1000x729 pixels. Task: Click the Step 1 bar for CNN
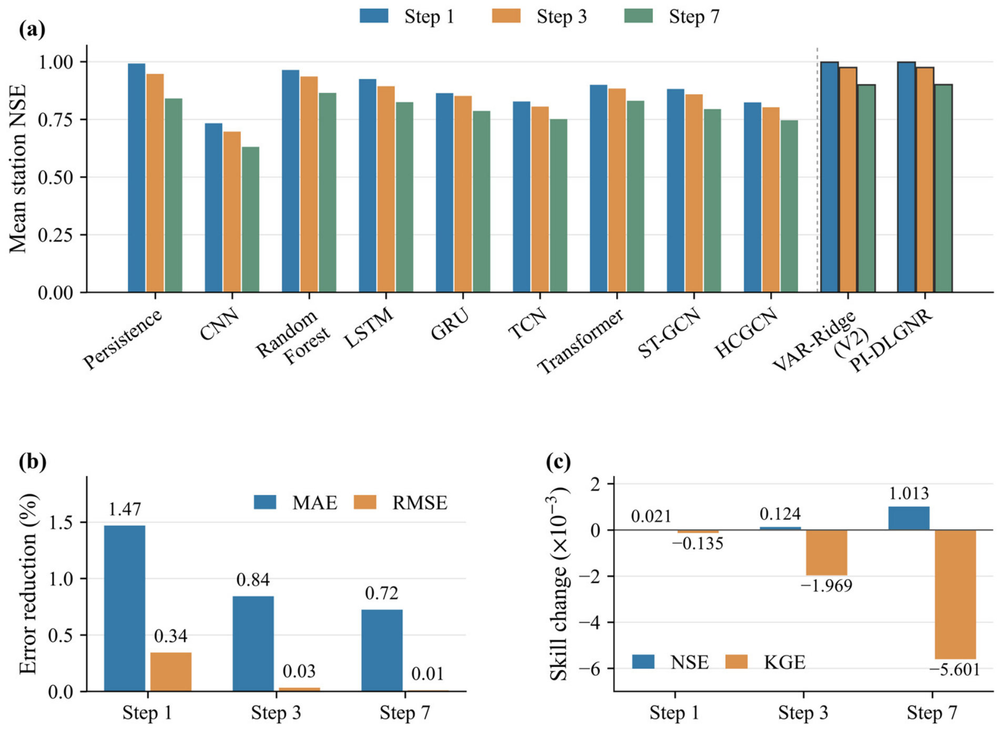[213, 208]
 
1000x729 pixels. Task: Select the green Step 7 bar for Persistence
[174, 195]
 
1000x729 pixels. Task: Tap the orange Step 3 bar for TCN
[540, 199]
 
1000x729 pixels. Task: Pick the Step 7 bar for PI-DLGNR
[943, 188]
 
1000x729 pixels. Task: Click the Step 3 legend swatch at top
[506, 16]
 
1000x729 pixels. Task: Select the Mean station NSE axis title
[18, 169]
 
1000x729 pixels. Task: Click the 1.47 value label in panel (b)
[125, 509]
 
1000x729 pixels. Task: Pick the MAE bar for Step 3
[253, 644]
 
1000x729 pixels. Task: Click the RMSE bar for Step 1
[171, 672]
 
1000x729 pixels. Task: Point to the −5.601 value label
[955, 670]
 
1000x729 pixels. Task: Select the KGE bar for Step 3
[826, 553]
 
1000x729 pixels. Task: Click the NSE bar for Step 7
[909, 519]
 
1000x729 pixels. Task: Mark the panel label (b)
[33, 461]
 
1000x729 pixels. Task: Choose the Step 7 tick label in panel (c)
[932, 713]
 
